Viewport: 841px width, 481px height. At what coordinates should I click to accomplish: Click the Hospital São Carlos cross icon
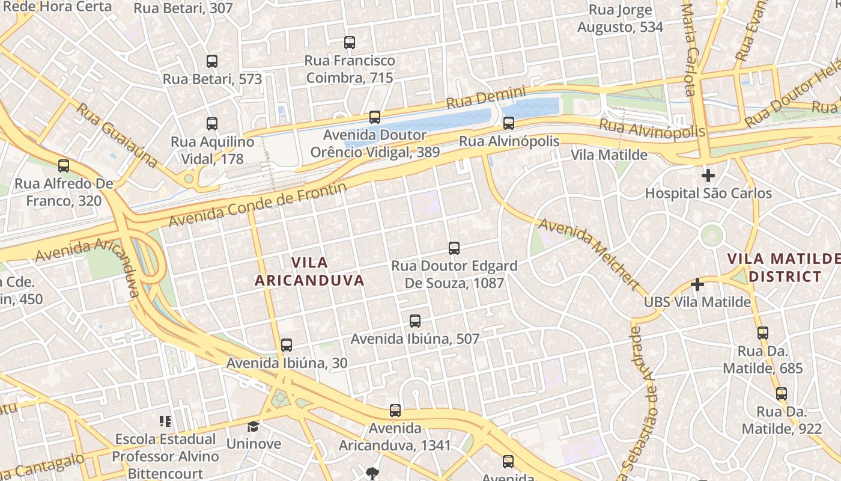click(x=708, y=176)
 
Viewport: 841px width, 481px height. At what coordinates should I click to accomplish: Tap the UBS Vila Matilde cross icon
click(x=697, y=284)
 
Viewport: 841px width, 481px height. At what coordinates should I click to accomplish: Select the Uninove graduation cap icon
click(x=254, y=426)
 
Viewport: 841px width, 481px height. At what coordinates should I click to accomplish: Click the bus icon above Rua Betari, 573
click(x=212, y=61)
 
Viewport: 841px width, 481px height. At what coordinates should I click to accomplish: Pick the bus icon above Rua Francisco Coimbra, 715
click(x=350, y=42)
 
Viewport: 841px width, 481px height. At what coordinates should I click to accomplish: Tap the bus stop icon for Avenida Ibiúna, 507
click(x=415, y=321)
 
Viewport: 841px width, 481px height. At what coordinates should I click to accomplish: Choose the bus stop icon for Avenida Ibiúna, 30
click(x=287, y=345)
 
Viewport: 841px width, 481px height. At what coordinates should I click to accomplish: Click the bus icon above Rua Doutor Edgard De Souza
click(x=454, y=248)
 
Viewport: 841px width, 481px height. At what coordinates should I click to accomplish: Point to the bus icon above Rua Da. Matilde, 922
click(x=782, y=394)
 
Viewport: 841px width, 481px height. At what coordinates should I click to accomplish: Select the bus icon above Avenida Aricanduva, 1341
click(x=395, y=411)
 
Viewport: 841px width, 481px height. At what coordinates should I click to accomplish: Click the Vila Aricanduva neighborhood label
click(x=310, y=271)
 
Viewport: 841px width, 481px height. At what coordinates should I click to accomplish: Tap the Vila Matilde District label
click(x=784, y=268)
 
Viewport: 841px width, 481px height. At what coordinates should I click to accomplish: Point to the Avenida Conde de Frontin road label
click(x=258, y=205)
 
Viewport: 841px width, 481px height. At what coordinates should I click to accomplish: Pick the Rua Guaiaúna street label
click(x=118, y=136)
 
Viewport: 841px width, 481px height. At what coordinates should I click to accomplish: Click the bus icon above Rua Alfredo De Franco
click(x=64, y=165)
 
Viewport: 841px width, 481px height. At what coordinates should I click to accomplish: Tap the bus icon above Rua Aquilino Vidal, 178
click(x=212, y=124)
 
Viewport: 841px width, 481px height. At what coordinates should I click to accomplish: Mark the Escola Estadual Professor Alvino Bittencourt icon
click(x=165, y=421)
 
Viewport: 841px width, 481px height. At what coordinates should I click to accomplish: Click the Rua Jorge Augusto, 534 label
click(x=620, y=19)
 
